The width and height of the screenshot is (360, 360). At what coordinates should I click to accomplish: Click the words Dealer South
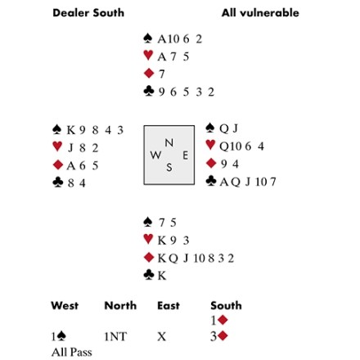[x=88, y=13]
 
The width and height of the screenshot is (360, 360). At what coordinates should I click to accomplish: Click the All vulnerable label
[x=260, y=13]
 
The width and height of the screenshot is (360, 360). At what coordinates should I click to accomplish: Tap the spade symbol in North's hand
[x=148, y=38]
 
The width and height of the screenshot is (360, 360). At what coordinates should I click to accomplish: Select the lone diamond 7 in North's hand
[x=162, y=74]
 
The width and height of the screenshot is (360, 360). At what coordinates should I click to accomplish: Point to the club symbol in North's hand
[x=149, y=91]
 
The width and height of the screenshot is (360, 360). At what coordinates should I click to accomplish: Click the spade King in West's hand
[x=71, y=130]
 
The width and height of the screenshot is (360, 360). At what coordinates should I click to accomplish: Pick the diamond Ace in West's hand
[x=70, y=165]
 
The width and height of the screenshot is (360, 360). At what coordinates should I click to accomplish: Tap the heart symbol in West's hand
[x=57, y=146]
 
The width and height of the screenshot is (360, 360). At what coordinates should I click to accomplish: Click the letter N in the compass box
[x=169, y=142]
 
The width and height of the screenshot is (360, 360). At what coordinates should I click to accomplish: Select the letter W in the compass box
[x=155, y=155]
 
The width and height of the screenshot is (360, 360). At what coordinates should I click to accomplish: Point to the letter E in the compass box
[x=185, y=155]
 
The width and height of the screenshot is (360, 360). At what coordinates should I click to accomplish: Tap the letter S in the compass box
[x=169, y=167]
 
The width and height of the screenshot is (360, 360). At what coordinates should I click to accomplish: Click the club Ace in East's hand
[x=224, y=182]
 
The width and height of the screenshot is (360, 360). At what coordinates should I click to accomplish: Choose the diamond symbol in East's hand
[x=211, y=163]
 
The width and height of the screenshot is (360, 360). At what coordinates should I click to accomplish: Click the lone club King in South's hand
[x=162, y=276]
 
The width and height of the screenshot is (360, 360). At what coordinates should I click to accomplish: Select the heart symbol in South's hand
[x=148, y=239]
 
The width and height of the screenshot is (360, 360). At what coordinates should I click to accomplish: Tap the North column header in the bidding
[x=120, y=305]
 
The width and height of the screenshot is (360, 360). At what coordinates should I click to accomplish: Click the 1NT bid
[x=115, y=337]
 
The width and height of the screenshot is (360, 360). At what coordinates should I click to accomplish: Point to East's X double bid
[x=162, y=337]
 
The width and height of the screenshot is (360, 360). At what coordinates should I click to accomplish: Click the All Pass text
[x=72, y=352]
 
